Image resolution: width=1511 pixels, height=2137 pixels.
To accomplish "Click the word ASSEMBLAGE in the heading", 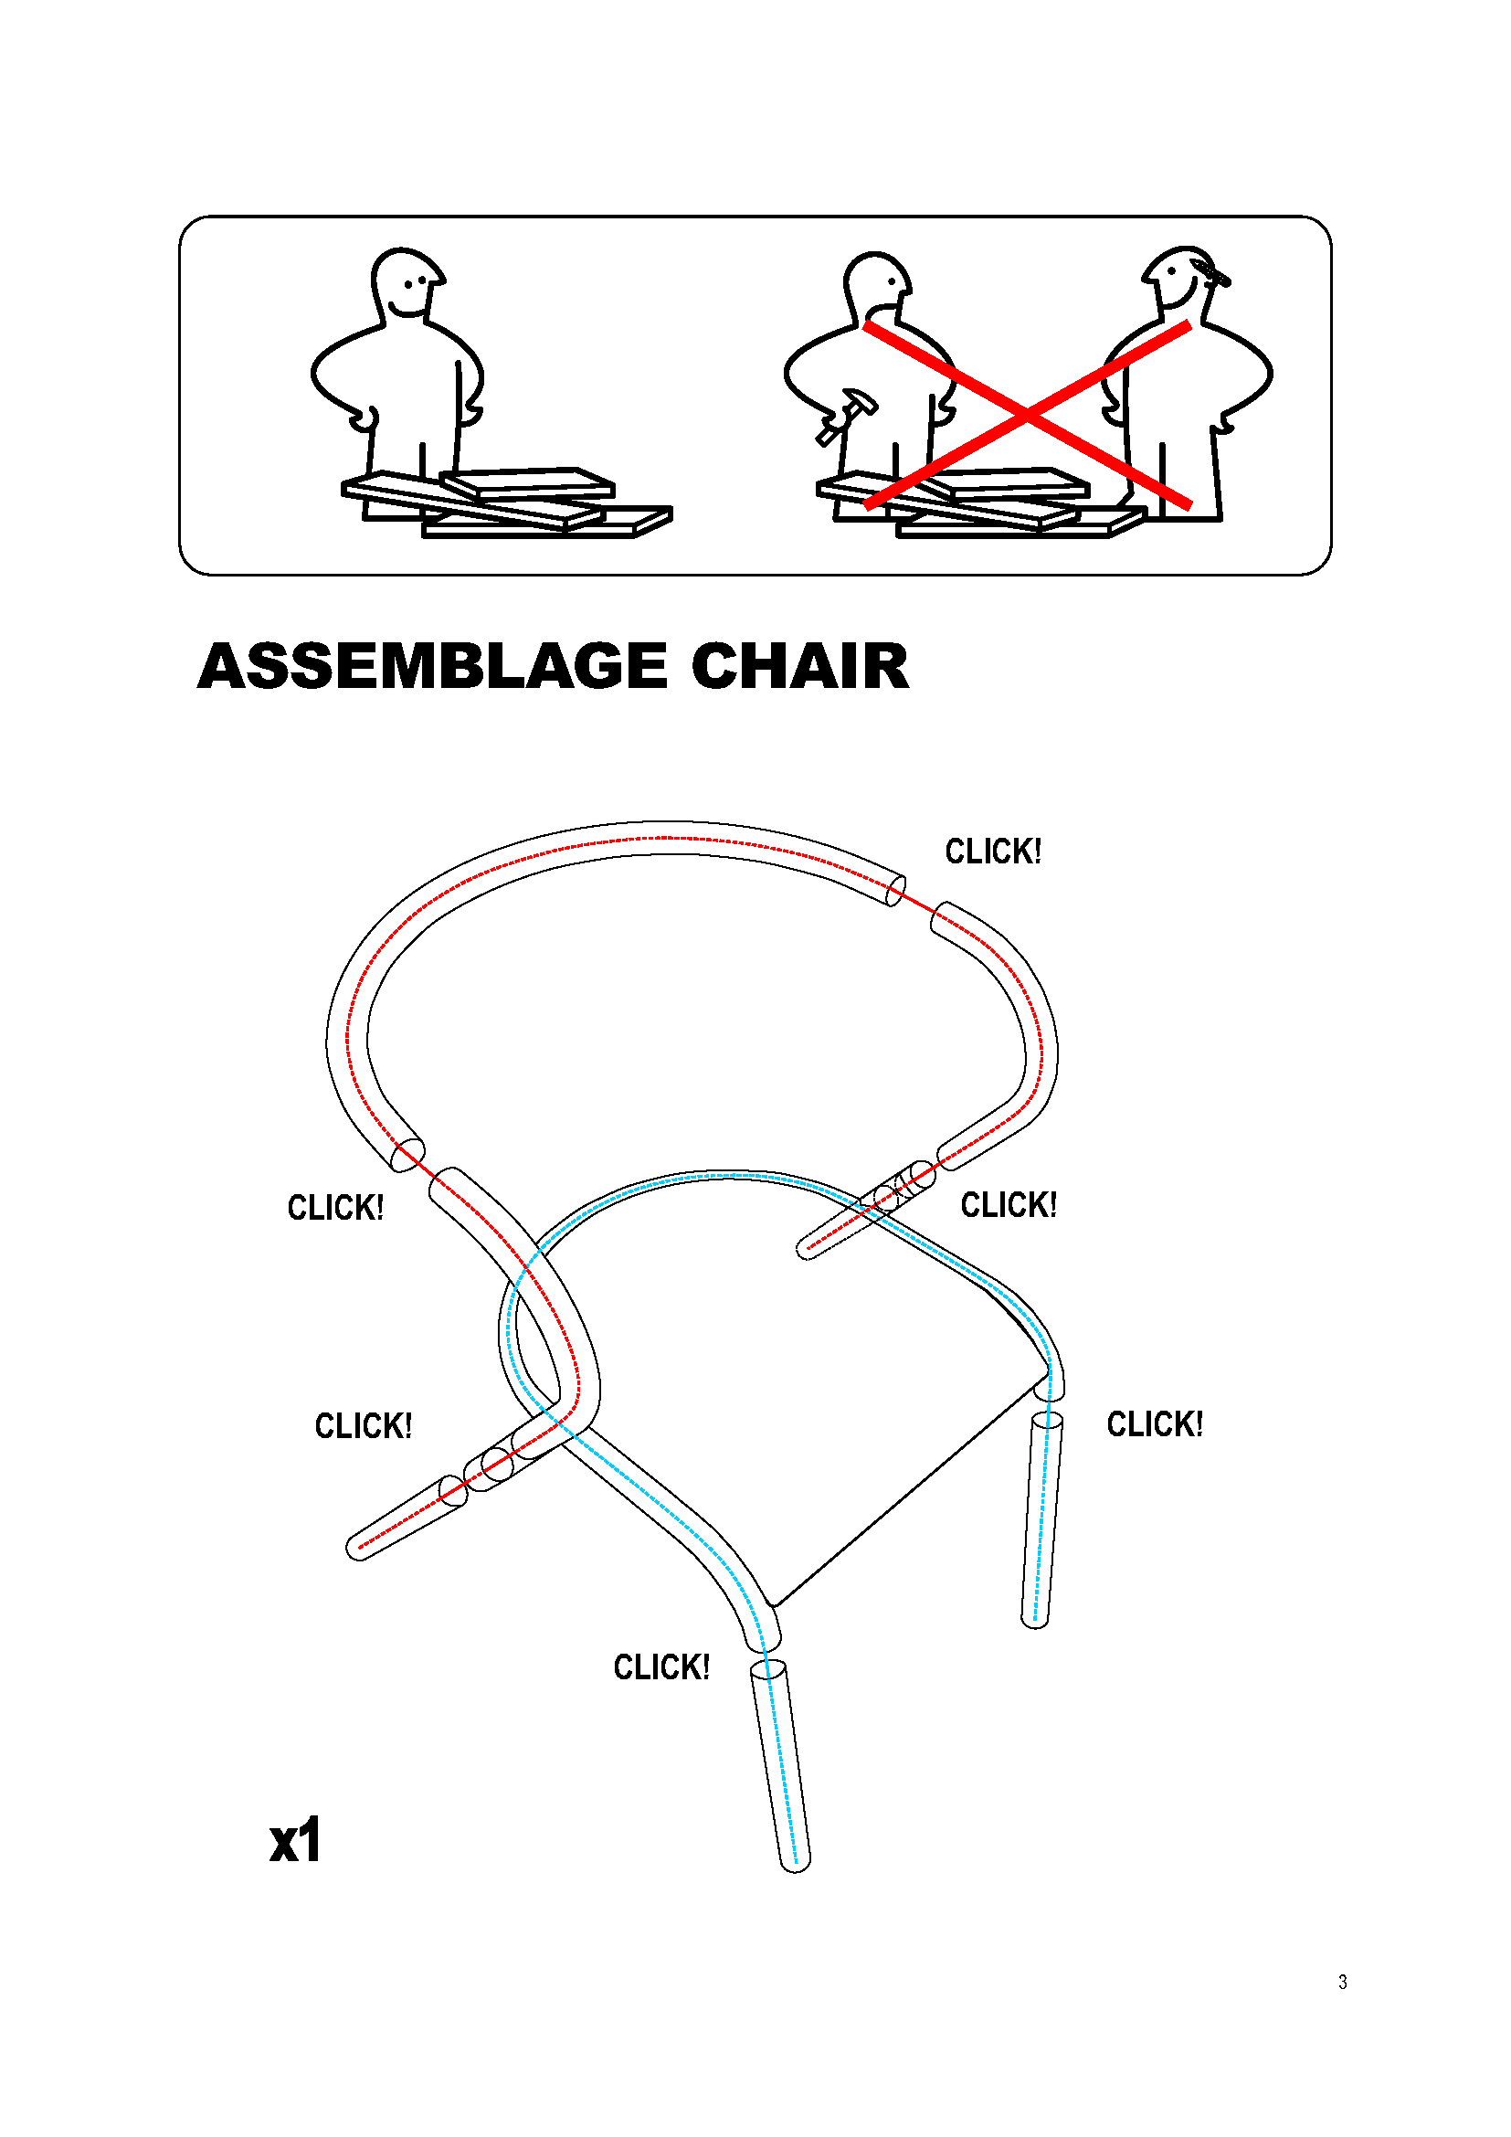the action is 433,666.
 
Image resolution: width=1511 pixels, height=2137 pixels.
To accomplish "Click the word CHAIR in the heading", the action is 800,666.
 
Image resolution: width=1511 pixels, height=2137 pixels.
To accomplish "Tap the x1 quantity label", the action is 296,1840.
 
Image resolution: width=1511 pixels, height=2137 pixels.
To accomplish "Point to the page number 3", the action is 1343,1983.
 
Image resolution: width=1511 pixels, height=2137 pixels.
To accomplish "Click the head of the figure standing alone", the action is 407,282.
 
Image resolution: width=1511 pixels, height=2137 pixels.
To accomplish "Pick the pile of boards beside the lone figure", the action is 507,503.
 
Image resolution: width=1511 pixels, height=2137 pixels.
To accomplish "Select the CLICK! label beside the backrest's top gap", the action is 993,852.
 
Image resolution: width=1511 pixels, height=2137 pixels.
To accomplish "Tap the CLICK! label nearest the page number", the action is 1155,1424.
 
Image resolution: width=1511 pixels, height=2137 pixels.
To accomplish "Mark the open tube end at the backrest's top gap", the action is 895,891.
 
